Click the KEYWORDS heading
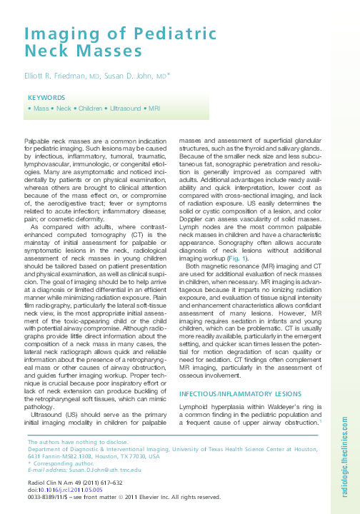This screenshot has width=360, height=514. click(x=47, y=98)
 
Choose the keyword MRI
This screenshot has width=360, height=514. click(x=154, y=108)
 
